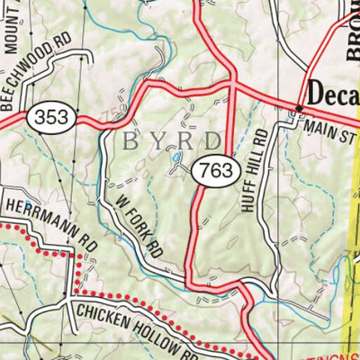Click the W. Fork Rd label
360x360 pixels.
coord(138,223)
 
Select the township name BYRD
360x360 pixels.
coord(172,141)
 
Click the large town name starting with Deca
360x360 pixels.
coord(333,93)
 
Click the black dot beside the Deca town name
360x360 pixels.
coord(300,109)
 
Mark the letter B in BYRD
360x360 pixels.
coord(125,141)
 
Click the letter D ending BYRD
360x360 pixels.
coord(212,141)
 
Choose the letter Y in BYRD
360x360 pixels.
coord(155,141)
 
